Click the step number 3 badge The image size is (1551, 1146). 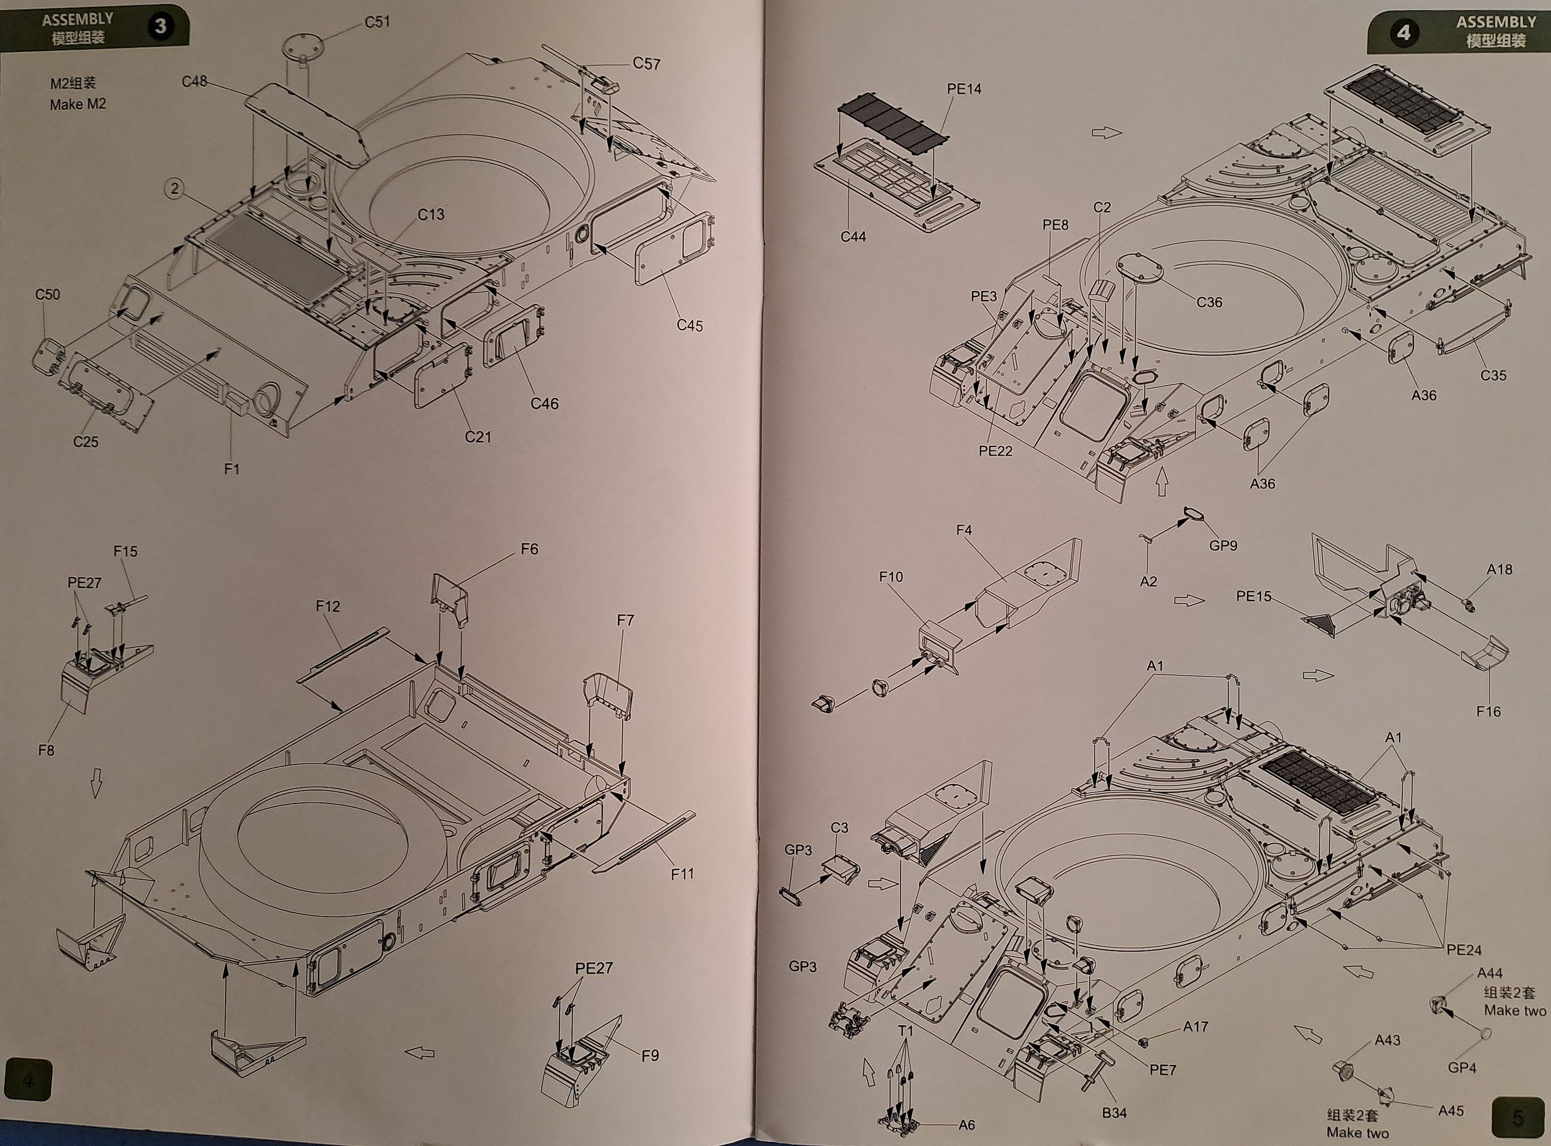[160, 26]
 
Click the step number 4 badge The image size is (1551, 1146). [1403, 33]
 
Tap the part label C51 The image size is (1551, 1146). [378, 22]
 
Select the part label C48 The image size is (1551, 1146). [194, 82]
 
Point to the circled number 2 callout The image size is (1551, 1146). [175, 188]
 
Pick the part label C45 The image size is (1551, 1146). [690, 326]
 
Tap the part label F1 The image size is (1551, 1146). [232, 470]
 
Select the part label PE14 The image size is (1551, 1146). [963, 89]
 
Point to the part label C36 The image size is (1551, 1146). [1209, 302]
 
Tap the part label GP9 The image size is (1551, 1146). [1223, 545]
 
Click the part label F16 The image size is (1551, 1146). [1488, 712]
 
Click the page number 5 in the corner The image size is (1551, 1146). [1518, 1118]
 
